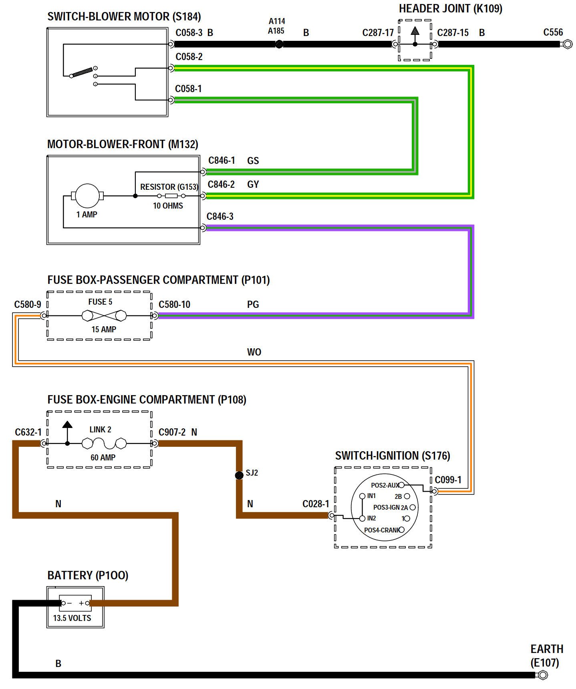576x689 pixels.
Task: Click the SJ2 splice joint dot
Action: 239,475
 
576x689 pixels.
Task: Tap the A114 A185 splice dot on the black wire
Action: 279,44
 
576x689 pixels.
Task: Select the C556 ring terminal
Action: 567,44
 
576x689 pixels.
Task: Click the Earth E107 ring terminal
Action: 543,675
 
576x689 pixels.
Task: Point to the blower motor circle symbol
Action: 87,196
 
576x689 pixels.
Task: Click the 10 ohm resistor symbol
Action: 171,196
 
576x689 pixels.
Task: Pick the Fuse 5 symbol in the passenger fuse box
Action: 104,316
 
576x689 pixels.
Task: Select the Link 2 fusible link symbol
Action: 104,443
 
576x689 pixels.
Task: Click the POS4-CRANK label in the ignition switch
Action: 381,530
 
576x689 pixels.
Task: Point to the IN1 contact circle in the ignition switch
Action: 362,496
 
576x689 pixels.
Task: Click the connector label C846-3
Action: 220,217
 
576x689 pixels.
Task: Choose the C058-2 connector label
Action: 189,57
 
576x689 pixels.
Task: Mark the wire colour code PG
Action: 253,305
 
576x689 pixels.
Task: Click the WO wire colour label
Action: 254,352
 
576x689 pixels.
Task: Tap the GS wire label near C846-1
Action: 253,161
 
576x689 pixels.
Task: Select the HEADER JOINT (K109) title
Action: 450,9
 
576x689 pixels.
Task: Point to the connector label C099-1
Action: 448,480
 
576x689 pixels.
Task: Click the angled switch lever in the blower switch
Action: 82,72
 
